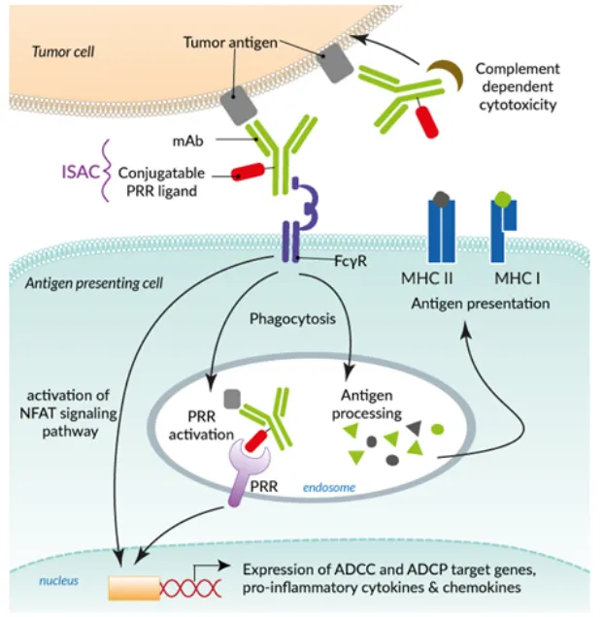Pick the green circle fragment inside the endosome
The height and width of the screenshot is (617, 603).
tap(437, 428)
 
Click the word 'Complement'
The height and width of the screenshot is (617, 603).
tap(518, 69)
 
